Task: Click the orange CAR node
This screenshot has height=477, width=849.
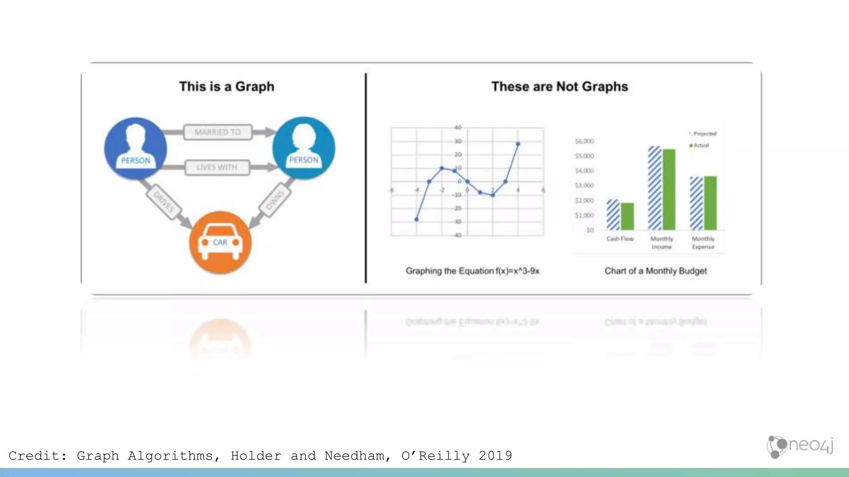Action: coord(220,242)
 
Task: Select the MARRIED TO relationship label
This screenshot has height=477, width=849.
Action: coord(218,132)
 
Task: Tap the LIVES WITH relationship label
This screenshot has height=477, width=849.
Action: coord(217,167)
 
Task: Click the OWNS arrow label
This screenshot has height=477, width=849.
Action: coord(275,200)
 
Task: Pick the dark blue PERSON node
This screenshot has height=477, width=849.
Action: coord(136,148)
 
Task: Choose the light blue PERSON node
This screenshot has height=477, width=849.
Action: coord(304,148)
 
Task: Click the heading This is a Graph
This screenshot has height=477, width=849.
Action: coord(227,87)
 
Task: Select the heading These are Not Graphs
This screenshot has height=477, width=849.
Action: coord(560,87)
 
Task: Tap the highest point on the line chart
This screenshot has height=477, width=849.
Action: coord(518,144)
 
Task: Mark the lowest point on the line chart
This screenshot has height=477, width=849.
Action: coord(417,219)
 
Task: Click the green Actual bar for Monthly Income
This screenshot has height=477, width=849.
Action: coord(669,189)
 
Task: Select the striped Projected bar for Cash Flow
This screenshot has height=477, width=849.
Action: coord(613,214)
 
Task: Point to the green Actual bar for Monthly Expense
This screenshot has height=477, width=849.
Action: coord(711,203)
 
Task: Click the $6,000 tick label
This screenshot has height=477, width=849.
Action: coord(585,141)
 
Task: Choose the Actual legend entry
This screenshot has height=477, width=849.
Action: coord(700,145)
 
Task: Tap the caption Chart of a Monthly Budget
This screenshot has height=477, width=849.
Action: coord(656,271)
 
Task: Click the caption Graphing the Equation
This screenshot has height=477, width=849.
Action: coord(473,271)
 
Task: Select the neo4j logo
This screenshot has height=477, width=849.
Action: coord(800,446)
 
